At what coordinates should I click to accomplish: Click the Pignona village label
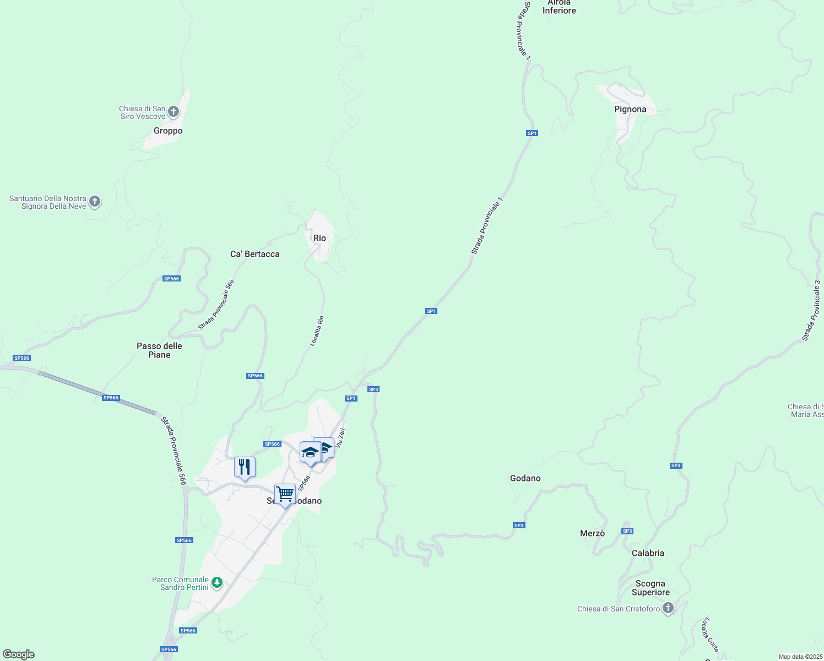[x=630, y=109]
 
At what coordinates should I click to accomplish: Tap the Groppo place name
[x=168, y=131]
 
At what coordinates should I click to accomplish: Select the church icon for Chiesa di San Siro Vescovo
[x=174, y=112]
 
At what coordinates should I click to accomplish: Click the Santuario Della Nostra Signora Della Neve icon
[x=95, y=202]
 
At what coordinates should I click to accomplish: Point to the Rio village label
[x=319, y=238]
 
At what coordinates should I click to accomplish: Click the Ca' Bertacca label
[x=254, y=254]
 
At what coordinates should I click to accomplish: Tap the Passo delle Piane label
[x=159, y=350]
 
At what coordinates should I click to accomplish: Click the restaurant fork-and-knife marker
[x=245, y=467]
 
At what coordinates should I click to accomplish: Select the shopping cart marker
[x=285, y=494]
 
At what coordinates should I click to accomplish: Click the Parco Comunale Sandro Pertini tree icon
[x=217, y=582]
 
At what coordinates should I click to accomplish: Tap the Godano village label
[x=525, y=478]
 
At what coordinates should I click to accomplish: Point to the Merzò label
[x=592, y=533]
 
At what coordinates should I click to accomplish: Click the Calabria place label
[x=648, y=553]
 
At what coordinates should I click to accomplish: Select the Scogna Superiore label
[x=650, y=588]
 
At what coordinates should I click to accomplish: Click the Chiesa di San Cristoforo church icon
[x=668, y=608]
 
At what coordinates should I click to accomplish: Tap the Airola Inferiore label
[x=559, y=7]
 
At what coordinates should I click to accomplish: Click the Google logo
[x=19, y=654]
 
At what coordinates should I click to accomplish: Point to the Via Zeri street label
[x=340, y=437]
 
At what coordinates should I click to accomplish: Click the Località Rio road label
[x=317, y=330]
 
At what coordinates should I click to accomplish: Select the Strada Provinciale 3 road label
[x=811, y=311]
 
